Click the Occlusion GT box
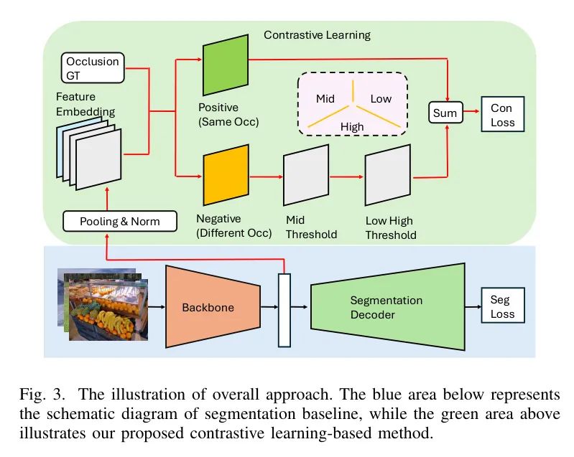[93, 67]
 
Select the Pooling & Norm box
[120, 221]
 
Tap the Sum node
[445, 112]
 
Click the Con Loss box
[503, 114]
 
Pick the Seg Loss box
[503, 306]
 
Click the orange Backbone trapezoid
[213, 306]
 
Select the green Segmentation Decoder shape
[388, 307]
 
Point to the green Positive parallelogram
[226, 65]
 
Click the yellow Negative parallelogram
[226, 175]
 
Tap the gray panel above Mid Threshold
[306, 175]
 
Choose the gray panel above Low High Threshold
[388, 175]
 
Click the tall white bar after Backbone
[284, 310]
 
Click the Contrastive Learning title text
[317, 35]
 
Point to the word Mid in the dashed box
[325, 99]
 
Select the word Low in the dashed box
[381, 99]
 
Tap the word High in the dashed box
[352, 127]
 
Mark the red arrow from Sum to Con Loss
[471, 111]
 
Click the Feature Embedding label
[85, 104]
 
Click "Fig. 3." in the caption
[42, 395]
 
